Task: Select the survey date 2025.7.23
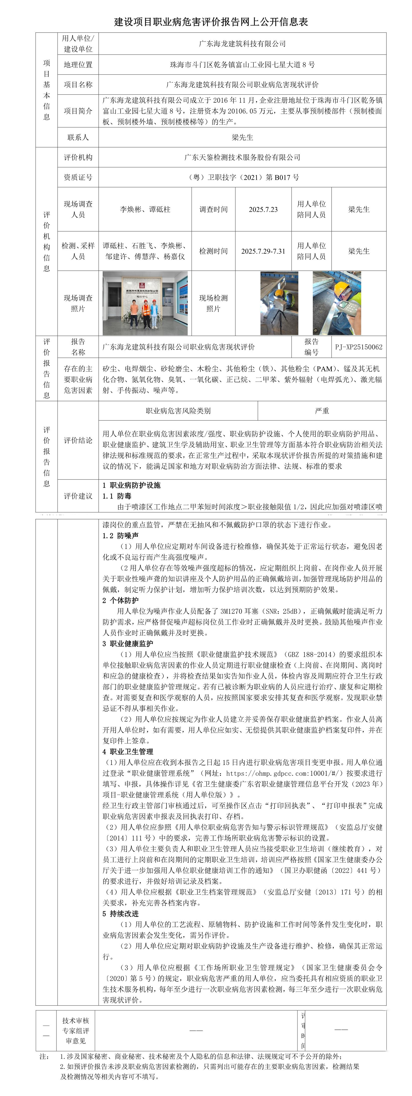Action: (x=263, y=209)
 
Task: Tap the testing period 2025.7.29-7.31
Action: (x=263, y=251)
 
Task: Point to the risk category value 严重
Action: (x=322, y=411)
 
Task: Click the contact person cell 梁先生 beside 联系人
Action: (x=242, y=137)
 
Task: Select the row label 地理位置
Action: (x=78, y=65)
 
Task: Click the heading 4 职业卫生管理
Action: (x=128, y=751)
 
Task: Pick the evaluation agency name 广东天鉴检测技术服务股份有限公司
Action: (x=242, y=157)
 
